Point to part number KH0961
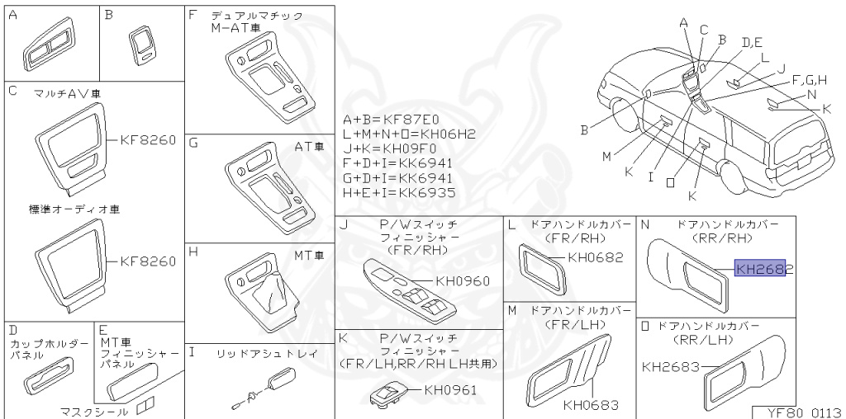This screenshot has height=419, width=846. pos(450,390)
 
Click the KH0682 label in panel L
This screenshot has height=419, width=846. pos(595,257)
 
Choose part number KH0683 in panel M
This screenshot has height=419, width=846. pos(591,405)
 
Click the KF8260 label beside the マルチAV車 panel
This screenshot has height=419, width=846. pos(148,140)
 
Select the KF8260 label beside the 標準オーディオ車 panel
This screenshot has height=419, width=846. pos(148,261)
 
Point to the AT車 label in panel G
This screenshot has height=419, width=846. pos(308,146)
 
